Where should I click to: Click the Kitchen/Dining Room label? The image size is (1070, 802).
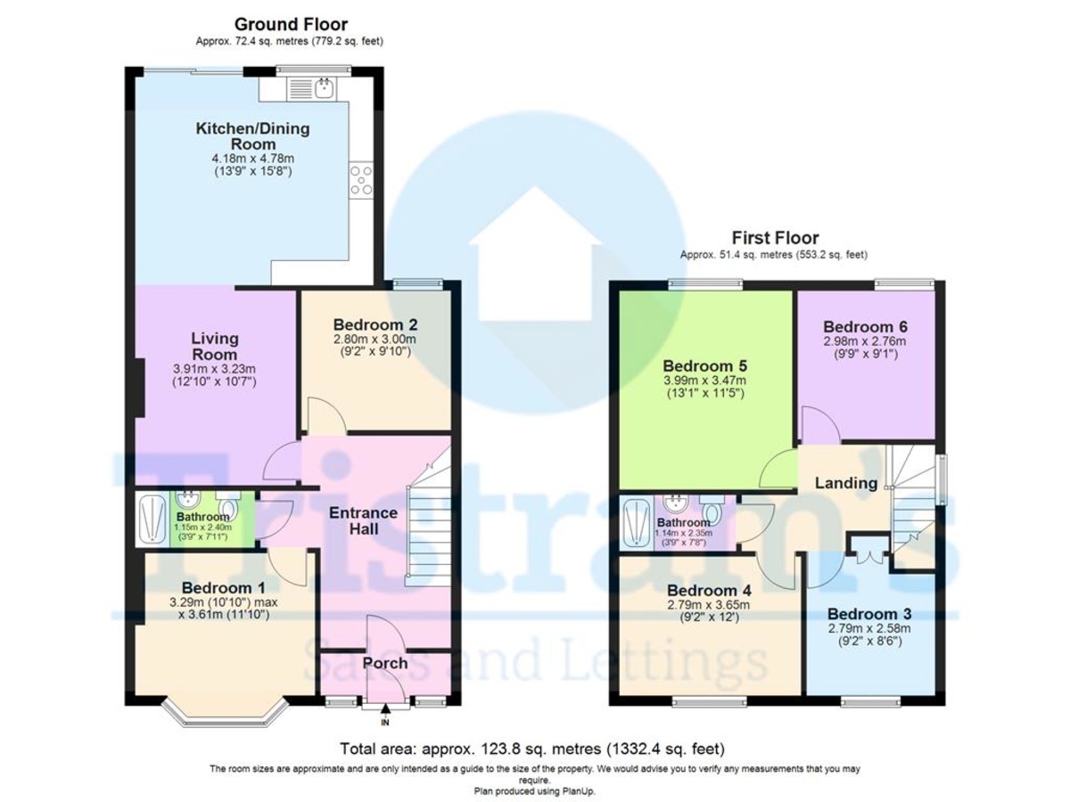[x=252, y=136]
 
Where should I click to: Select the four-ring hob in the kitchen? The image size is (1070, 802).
[x=361, y=181]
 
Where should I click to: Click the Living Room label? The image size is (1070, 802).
[x=215, y=347]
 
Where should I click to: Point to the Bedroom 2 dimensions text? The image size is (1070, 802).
[x=374, y=346]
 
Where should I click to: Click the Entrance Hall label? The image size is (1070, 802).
[x=363, y=521]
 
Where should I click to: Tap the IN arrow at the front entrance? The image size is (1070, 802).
[x=385, y=709]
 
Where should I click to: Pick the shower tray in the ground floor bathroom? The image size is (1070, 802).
[x=150, y=520]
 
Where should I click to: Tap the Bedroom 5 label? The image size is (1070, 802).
[x=705, y=366]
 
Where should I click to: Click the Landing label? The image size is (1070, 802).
[x=846, y=483]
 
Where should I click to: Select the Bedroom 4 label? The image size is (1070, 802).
[x=709, y=591]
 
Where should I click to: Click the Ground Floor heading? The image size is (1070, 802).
[x=291, y=24]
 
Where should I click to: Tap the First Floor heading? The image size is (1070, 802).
[x=774, y=238]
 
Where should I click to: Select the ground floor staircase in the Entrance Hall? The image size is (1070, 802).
[x=427, y=526]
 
